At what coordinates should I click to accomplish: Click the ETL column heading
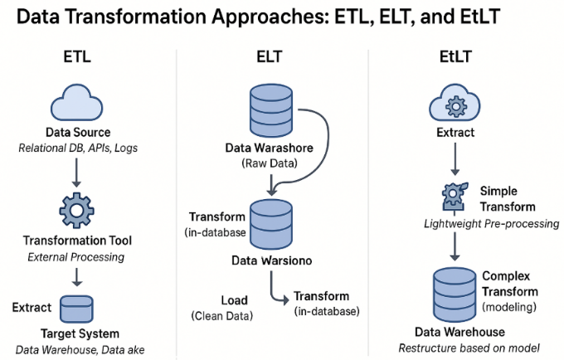coord(77,57)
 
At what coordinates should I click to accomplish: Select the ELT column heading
coord(270,57)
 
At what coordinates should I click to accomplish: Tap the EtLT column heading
coord(455,57)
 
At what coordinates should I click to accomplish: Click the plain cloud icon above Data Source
coord(76,103)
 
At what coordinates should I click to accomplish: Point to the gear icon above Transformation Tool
coord(76,211)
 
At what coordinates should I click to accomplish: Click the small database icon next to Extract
coord(76,309)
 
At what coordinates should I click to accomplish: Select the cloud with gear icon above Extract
coord(455,103)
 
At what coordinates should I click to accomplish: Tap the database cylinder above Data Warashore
coord(271,110)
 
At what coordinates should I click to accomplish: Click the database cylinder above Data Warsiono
coord(271,225)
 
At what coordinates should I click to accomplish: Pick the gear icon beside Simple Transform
coord(455,196)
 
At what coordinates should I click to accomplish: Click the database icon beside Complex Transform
coord(455,294)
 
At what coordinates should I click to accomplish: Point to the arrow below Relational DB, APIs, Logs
coord(76,173)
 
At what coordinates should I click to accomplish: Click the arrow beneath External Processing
coord(76,278)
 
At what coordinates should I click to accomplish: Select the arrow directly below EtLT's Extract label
coord(455,159)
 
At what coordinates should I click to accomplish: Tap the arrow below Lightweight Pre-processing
coord(455,246)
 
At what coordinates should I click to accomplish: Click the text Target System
coord(80,333)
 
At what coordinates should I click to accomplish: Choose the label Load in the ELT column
coord(234,300)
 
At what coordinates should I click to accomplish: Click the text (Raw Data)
coord(270,163)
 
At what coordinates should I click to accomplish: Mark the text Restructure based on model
coord(469,348)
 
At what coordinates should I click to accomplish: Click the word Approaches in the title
coord(270,17)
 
